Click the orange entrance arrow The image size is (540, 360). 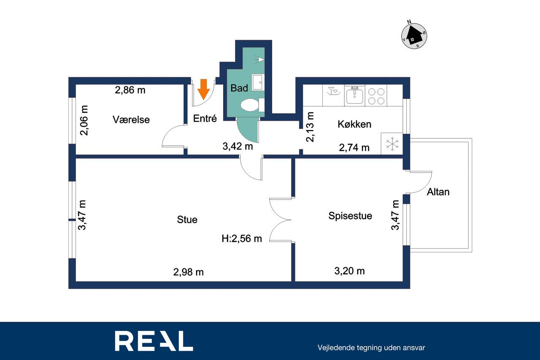pos(204,89)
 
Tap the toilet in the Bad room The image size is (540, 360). pos(252,105)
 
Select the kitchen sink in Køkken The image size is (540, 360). pos(355,95)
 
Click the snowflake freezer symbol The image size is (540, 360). pos(392,144)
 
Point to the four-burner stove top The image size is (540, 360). pos(376,96)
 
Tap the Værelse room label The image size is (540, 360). pos(131,119)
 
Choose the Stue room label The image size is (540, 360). pos(187,219)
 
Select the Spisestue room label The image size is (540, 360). pos(350,216)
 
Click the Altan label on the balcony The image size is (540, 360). pos(438,192)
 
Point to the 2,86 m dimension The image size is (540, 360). pos(130,90)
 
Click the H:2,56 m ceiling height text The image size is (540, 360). pos(242,238)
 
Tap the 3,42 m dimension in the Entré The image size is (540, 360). pos(238,146)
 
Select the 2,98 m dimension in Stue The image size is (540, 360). pos(189,272)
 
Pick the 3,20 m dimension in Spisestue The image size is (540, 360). pos(349,271)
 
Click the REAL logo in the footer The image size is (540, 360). pos(154,341)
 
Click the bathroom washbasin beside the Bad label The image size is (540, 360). pos(258,82)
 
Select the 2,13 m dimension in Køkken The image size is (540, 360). pos(310,127)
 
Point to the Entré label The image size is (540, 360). pos(205,119)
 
